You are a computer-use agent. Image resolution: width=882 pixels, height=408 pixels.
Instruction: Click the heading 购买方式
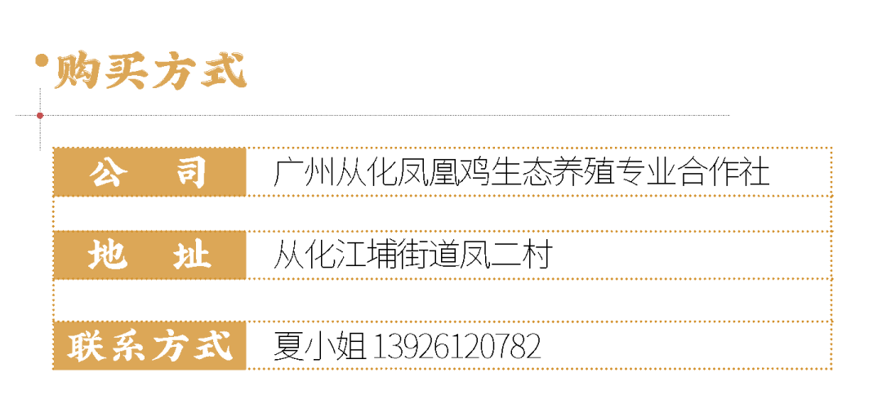[150, 71]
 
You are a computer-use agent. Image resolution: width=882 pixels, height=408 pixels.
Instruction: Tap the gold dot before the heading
[41, 60]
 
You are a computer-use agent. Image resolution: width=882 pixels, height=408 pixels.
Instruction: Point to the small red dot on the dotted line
[40, 116]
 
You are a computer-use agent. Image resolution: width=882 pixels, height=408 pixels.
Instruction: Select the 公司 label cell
[149, 172]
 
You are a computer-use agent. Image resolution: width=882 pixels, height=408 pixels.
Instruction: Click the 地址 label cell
[149, 255]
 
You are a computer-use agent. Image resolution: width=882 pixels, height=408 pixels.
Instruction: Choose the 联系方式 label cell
[149, 345]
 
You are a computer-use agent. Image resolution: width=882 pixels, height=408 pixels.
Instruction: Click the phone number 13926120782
[457, 346]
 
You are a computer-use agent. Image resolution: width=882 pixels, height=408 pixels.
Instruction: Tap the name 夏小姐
[319, 346]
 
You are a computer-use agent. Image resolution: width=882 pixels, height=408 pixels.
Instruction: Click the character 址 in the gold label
[190, 255]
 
